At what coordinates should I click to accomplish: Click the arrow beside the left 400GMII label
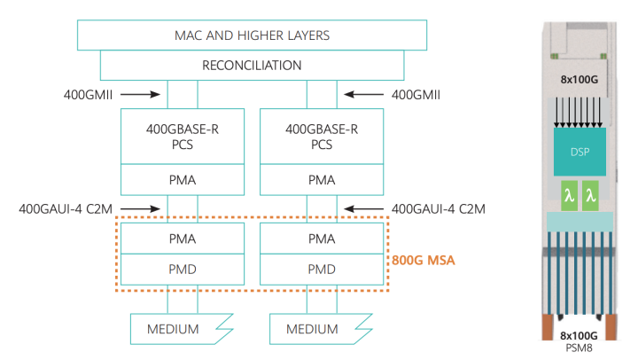point(139,91)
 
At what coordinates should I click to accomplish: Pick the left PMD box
point(183,267)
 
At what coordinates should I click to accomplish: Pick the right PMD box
point(322,267)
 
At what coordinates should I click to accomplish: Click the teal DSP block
point(580,152)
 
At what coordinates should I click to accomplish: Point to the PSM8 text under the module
point(580,348)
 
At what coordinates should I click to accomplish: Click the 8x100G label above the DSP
point(580,79)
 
